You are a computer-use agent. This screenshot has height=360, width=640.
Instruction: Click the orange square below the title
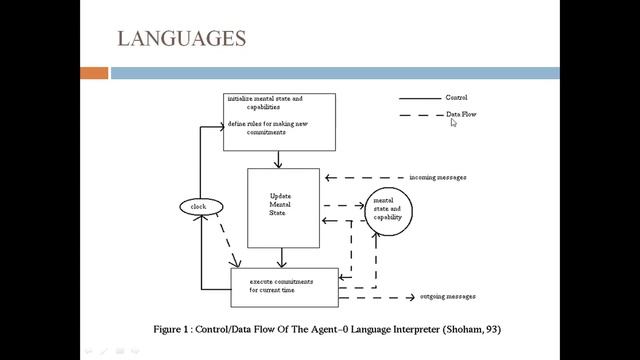94,73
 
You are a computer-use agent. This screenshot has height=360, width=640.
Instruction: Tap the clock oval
198,207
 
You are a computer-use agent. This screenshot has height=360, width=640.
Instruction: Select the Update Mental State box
283,207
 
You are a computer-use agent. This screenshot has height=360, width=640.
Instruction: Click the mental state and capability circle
387,211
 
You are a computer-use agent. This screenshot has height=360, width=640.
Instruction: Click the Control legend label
456,98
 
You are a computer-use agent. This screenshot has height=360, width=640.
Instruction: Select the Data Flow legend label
460,115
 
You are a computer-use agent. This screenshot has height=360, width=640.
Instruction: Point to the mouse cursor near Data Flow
454,123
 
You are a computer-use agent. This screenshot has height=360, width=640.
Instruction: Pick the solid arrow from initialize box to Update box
279,159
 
